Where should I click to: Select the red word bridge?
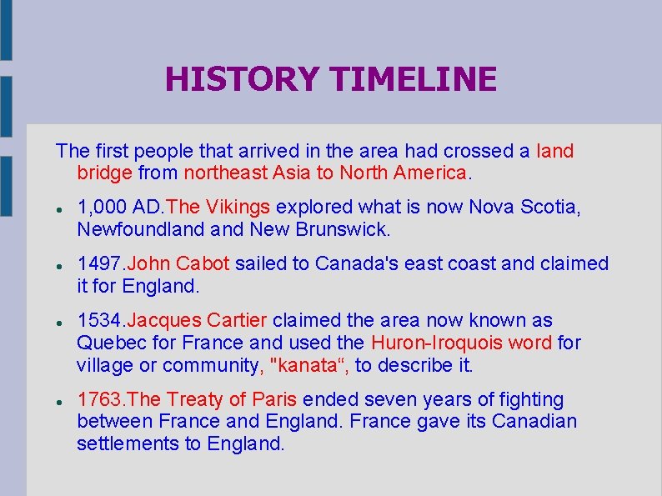[x=104, y=173]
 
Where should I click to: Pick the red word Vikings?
[x=243, y=207]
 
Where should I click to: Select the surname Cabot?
[x=203, y=263]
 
